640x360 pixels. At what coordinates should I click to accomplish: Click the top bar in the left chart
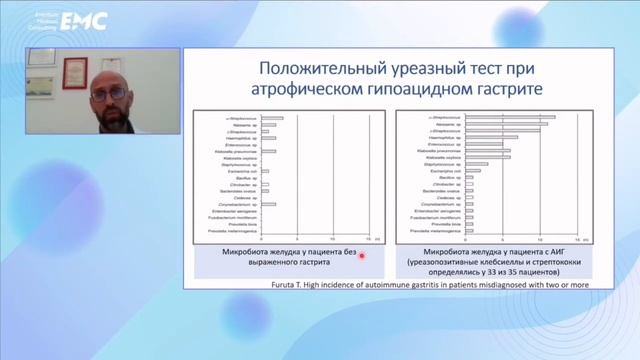coord(272,118)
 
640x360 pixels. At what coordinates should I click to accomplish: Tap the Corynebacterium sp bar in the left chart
coord(268,204)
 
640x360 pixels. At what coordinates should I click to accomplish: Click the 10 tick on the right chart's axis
coord(524,239)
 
